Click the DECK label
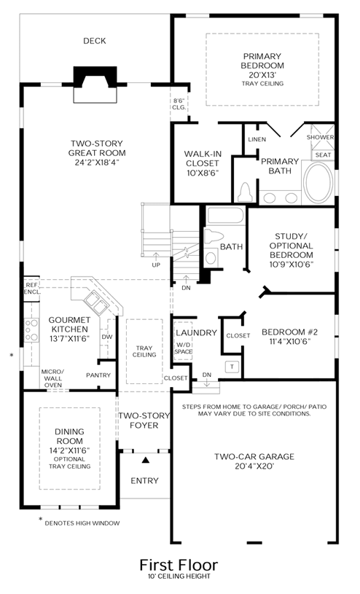[x=94, y=41]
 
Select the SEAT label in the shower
[x=323, y=155]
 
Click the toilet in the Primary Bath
[x=245, y=193]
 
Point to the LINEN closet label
[x=257, y=139]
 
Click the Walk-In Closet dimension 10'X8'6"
[x=202, y=173]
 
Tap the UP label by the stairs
[x=156, y=265]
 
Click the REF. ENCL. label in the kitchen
[x=32, y=289]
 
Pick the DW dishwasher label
[x=107, y=337]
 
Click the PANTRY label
[x=98, y=375]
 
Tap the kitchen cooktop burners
[x=31, y=329]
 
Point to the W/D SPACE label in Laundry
[x=183, y=348]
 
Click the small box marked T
[x=232, y=367]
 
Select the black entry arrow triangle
[x=145, y=460]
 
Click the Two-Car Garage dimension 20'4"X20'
[x=254, y=466]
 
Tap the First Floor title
[x=179, y=565]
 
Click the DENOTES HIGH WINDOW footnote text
[x=82, y=523]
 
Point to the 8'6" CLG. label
[x=179, y=103]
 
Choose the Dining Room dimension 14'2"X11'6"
[x=70, y=450]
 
